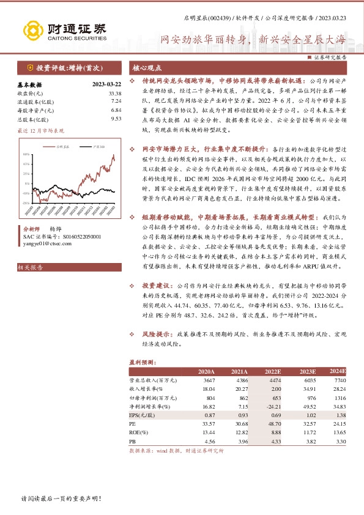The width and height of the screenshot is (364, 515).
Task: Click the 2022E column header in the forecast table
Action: click(x=272, y=371)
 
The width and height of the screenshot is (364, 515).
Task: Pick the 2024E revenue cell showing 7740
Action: click(x=340, y=380)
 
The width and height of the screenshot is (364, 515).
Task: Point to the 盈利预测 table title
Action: click(x=141, y=362)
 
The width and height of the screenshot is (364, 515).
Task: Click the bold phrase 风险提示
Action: click(x=154, y=335)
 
